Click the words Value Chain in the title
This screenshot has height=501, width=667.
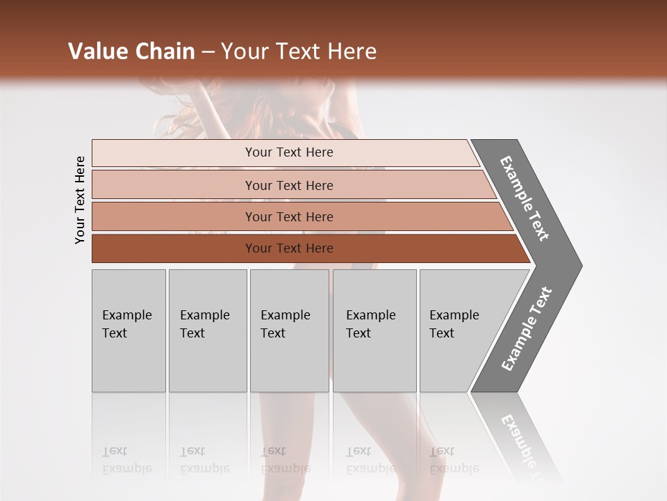(131, 51)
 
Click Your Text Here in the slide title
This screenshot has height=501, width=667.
(299, 51)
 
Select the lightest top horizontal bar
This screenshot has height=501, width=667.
(288, 152)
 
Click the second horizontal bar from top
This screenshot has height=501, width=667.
(288, 185)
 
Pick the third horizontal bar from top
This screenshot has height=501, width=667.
(288, 216)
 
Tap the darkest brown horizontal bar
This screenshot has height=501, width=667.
(288, 248)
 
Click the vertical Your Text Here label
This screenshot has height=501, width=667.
(80, 200)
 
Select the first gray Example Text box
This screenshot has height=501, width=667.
(129, 331)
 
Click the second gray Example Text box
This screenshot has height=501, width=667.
(207, 331)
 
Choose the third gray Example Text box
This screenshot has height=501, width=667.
(289, 331)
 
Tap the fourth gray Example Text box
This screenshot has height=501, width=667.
(374, 331)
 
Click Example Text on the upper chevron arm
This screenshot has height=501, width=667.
(525, 198)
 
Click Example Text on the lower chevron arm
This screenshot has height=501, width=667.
(527, 329)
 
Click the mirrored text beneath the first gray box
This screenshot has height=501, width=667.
(126, 460)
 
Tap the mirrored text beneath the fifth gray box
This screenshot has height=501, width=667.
(454, 460)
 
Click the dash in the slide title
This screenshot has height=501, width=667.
(208, 52)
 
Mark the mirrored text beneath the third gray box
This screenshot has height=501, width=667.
(285, 460)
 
